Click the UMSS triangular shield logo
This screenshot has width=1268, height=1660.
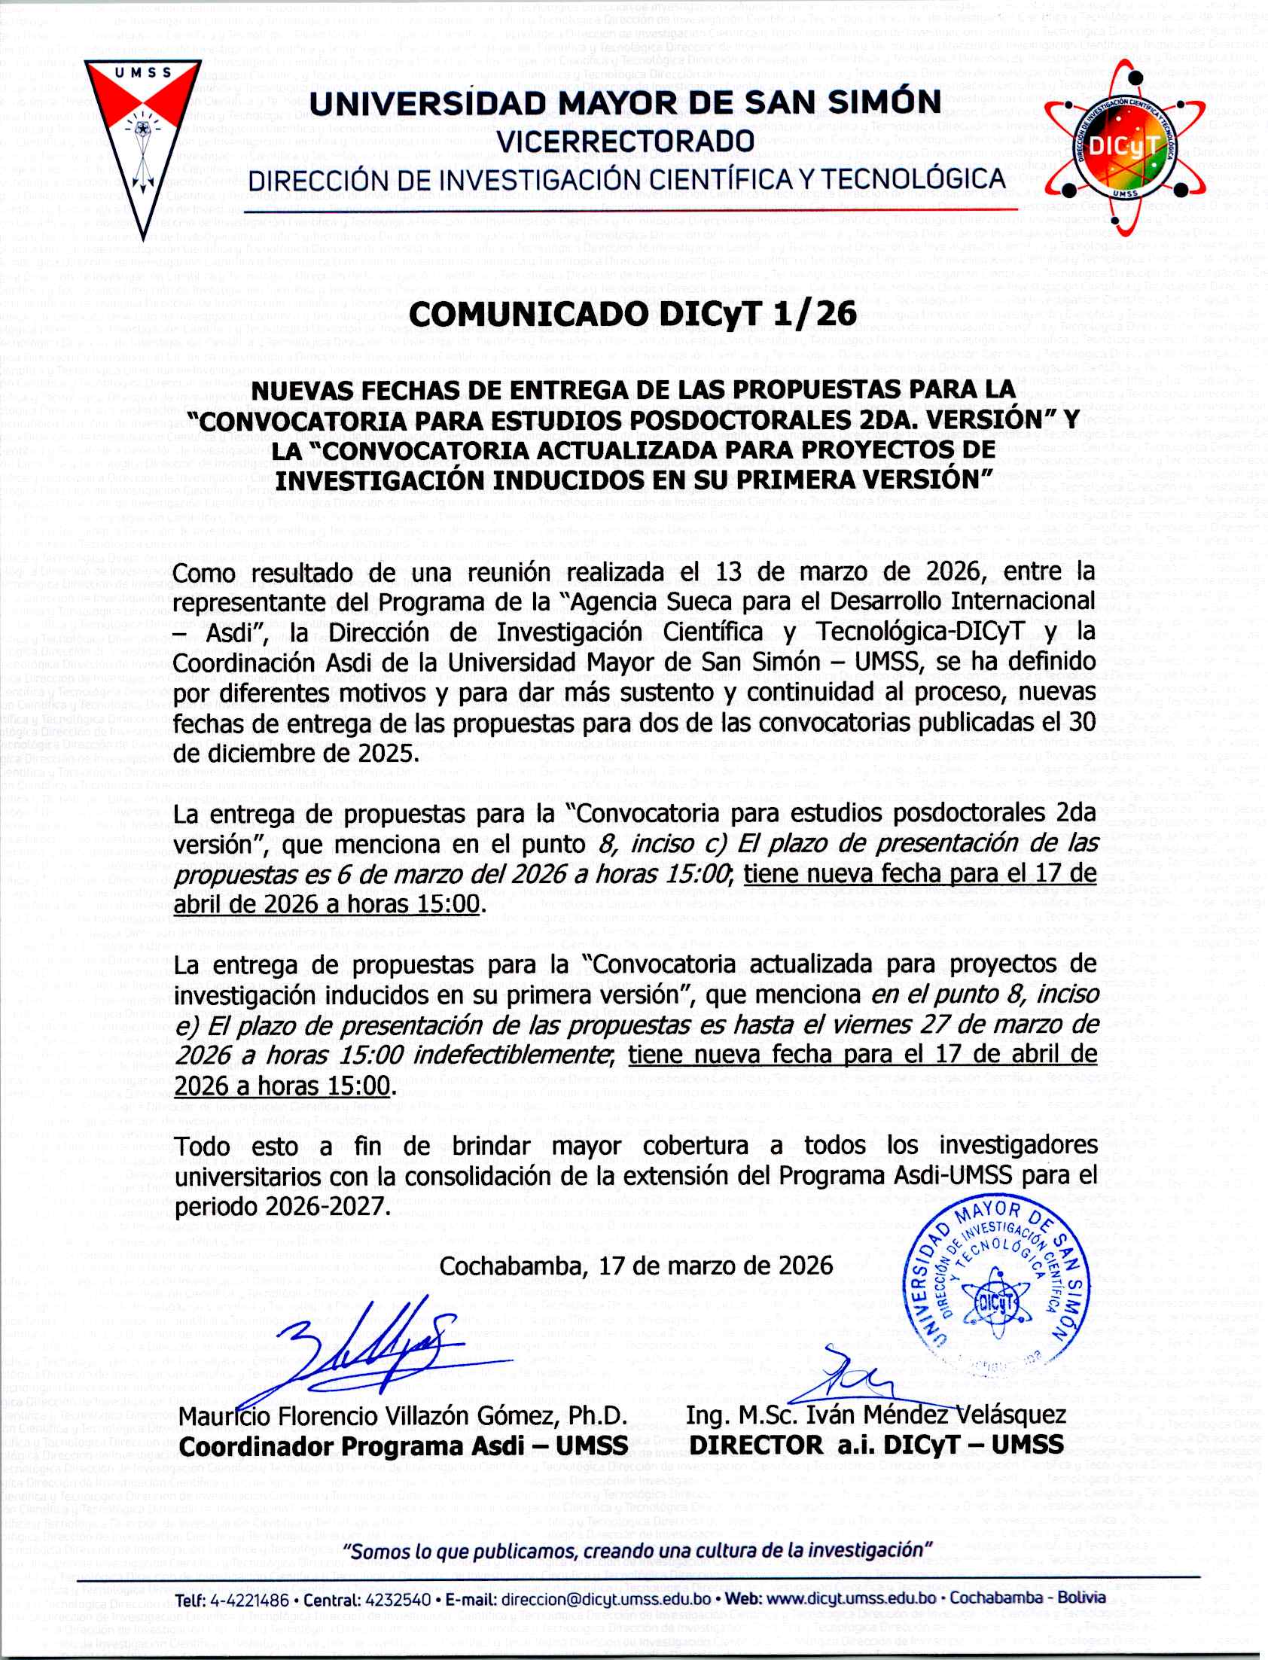(141, 136)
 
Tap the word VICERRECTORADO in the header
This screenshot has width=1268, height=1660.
(626, 141)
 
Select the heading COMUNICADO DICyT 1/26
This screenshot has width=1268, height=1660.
(633, 314)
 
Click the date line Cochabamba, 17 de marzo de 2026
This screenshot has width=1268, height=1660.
(636, 1266)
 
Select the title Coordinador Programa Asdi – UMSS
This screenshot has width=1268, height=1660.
(403, 1445)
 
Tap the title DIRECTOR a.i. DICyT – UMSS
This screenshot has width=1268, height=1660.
(876, 1445)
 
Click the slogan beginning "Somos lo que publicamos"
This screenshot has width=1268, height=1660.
(638, 1551)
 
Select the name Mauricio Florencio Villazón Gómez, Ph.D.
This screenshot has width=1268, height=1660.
(403, 1415)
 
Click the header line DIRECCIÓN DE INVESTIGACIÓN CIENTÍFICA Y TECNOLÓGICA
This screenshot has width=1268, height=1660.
(626, 180)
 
